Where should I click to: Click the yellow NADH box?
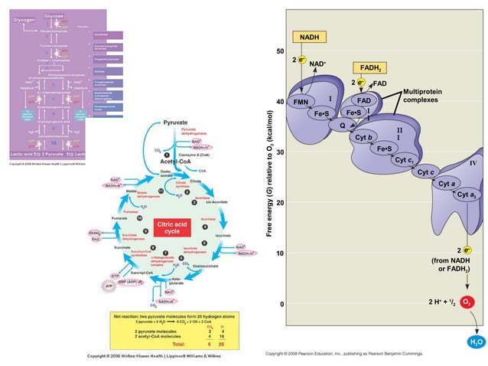click(x=310, y=38)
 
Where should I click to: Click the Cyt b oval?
click(x=364, y=136)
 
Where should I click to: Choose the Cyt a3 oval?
click(x=466, y=196)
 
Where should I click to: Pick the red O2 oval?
click(x=467, y=302)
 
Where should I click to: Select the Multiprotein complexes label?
click(x=426, y=95)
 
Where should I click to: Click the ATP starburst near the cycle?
click(x=106, y=287)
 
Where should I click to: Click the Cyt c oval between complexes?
click(x=426, y=172)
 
